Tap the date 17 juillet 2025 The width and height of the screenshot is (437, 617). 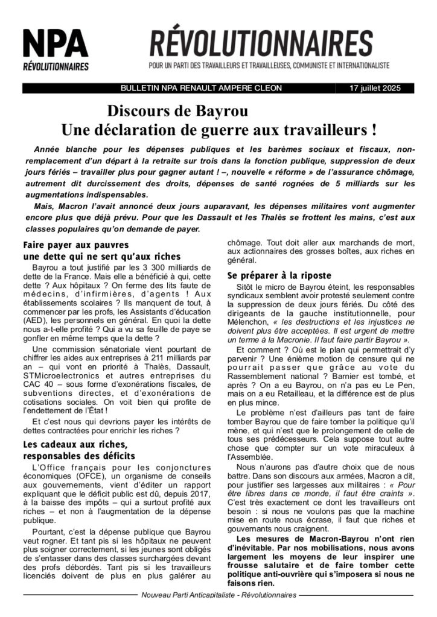tap(375, 88)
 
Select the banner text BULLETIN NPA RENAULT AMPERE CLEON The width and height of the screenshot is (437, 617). tap(201, 88)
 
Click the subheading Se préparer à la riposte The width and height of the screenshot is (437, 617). tap(279, 275)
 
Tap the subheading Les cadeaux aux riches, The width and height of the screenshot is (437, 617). tap(72, 445)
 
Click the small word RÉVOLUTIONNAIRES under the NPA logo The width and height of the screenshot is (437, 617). tap(56, 66)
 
